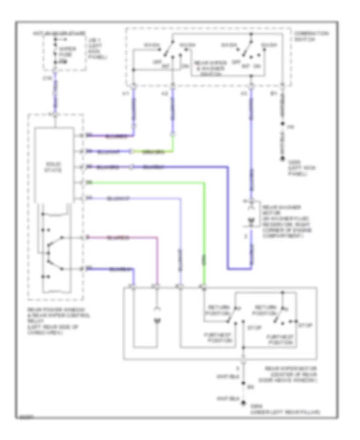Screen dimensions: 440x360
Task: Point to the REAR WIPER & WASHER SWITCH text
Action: point(210,66)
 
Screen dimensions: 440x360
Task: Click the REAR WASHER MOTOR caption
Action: point(282,222)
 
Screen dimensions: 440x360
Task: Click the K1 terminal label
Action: point(125,95)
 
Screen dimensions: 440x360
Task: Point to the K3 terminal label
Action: point(243,95)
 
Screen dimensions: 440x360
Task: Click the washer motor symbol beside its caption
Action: point(251,220)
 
